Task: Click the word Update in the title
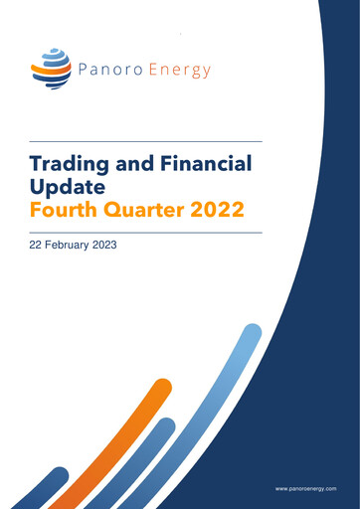(66, 187)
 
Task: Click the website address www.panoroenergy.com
(305, 489)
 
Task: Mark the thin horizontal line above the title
(146, 141)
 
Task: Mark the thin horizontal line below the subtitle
(146, 232)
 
